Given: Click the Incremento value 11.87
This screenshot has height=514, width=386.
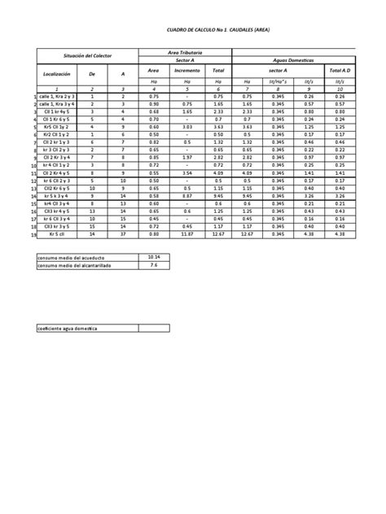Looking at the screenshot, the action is coord(186,235).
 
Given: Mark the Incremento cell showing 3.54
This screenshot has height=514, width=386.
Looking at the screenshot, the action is coord(186,173).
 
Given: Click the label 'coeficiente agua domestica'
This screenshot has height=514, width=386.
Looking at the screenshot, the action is coord(68,327).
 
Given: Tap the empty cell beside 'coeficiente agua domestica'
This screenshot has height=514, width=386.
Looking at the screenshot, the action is coord(155,327).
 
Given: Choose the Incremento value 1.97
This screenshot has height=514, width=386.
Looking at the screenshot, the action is coord(186,158).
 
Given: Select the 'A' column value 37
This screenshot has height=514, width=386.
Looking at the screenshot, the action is coord(122,235).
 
